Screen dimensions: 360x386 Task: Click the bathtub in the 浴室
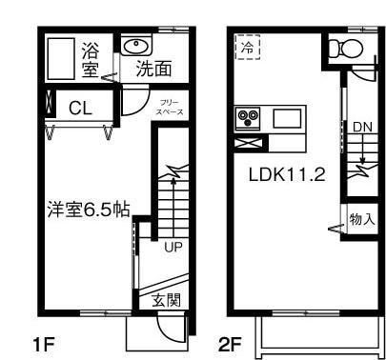point(62,59)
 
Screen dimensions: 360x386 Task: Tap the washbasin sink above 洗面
point(135,45)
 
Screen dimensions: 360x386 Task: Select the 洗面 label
point(152,69)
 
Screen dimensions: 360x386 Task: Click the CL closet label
point(79,108)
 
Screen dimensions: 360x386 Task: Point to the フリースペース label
point(171,107)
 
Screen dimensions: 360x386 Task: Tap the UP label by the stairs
point(173,249)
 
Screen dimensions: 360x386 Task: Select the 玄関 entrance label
point(167,300)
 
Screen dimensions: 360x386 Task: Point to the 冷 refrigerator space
point(247,47)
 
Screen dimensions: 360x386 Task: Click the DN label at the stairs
point(362,127)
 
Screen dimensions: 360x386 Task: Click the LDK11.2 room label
point(287,175)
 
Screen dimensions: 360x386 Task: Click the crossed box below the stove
point(248,143)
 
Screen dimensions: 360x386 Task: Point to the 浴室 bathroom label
point(91,59)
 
